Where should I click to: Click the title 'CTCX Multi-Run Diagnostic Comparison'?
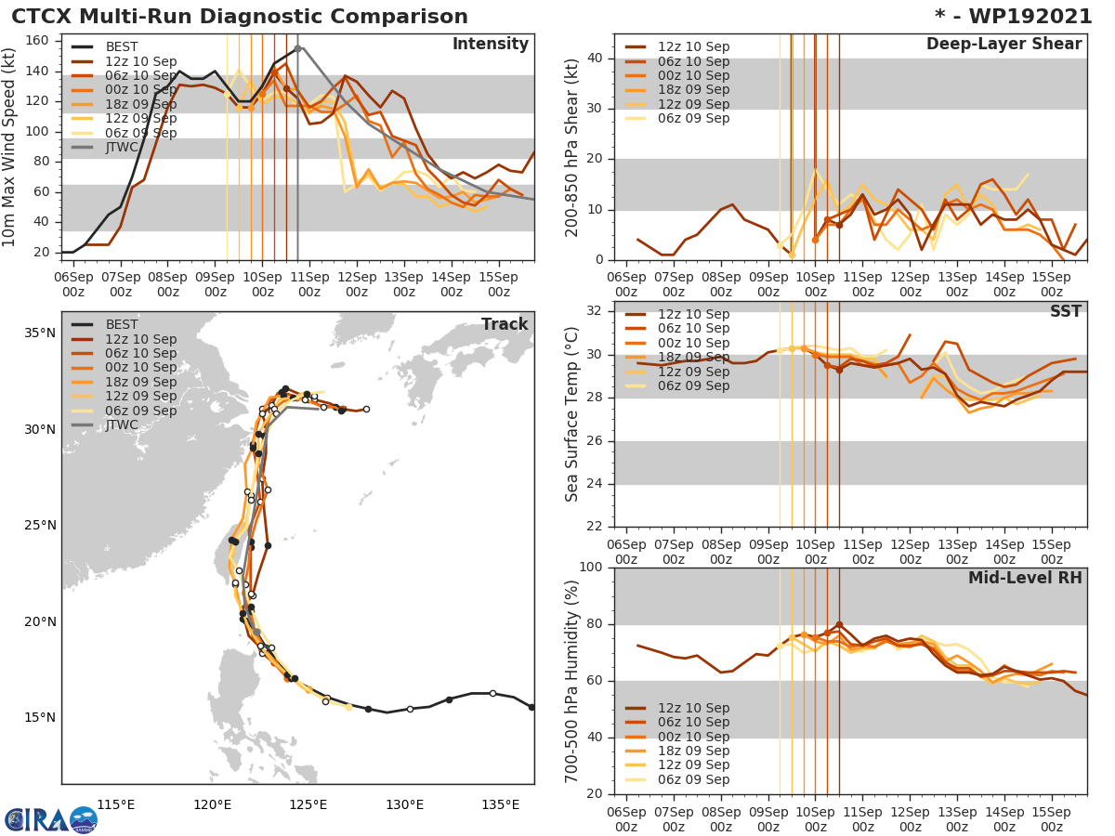[x=240, y=17]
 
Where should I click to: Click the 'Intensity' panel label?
[x=490, y=45]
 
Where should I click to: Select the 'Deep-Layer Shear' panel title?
[x=1003, y=45]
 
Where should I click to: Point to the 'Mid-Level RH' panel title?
[x=1025, y=579]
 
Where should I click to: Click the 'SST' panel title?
[x=1066, y=312]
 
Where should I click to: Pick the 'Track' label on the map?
[x=505, y=324]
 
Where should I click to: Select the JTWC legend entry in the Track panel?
[x=117, y=425]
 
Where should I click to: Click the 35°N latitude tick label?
[x=39, y=333]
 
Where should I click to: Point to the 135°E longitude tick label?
[x=501, y=804]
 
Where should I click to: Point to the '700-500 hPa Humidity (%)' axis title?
[x=572, y=681]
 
